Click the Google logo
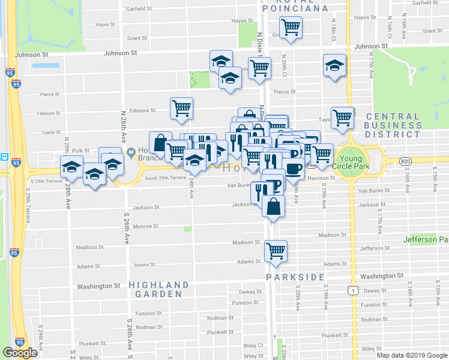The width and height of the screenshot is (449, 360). [x=20, y=353]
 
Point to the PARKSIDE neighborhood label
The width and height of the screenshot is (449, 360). [x=296, y=277]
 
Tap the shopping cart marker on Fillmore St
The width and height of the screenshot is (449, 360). [x=181, y=108]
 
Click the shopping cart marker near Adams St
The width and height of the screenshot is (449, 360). [x=276, y=250]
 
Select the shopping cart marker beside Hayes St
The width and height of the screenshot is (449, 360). [x=291, y=26]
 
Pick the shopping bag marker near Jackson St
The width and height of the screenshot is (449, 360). [x=273, y=206]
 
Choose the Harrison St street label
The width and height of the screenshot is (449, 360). [x=321, y=178]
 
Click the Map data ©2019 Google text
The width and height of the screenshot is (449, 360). [x=412, y=355]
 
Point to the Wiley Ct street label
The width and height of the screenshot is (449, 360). [x=253, y=346]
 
